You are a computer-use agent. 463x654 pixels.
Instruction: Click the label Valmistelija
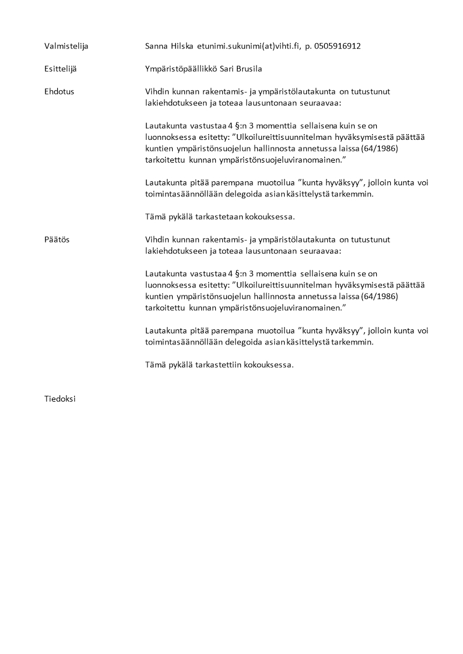pyautogui.click(x=66, y=46)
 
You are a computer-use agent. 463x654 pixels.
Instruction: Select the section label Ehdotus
pyautogui.click(x=59, y=92)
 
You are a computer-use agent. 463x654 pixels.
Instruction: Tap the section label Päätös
pyautogui.click(x=57, y=240)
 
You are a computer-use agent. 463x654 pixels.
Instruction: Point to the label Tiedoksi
pyautogui.click(x=59, y=399)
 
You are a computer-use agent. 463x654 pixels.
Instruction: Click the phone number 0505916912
pyautogui.click(x=337, y=46)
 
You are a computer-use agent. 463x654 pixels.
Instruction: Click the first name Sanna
pyautogui.click(x=156, y=46)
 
